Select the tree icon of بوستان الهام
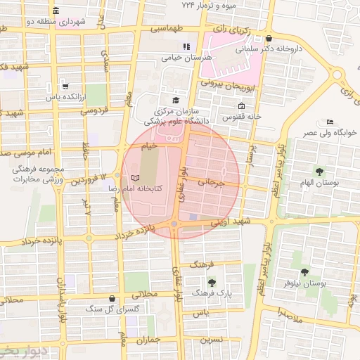tap(320, 171)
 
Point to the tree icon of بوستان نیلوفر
tap(304, 271)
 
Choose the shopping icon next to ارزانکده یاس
tap(65, 86)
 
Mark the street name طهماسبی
tap(167, 30)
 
